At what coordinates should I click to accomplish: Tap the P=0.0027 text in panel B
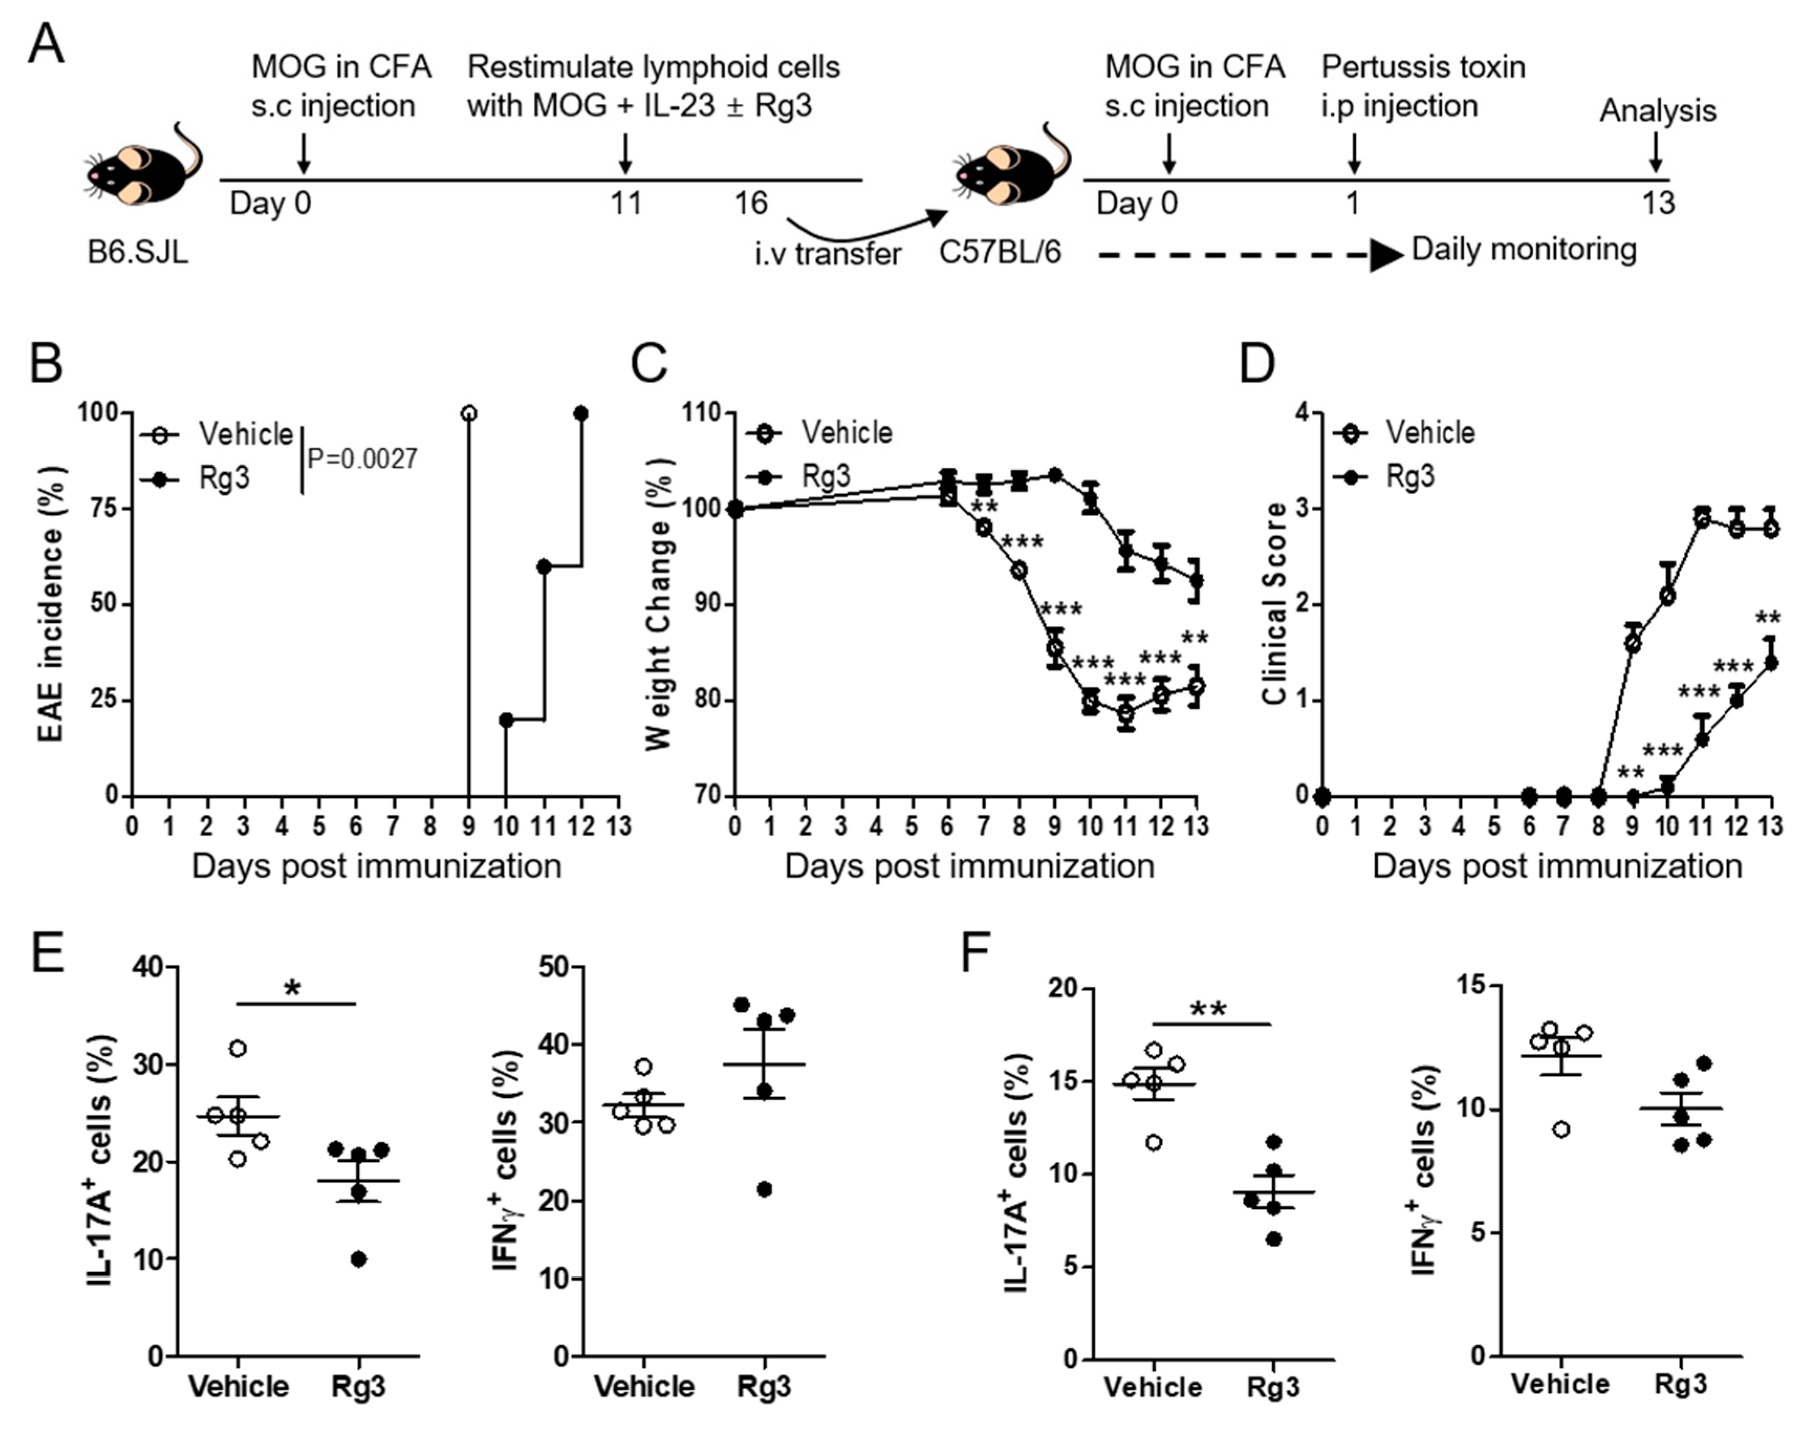(362, 459)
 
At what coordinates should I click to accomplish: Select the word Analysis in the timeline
(1658, 111)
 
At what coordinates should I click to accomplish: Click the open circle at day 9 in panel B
(468, 414)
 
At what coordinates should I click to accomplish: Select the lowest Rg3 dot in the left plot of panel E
(358, 1259)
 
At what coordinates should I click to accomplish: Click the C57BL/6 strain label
(999, 251)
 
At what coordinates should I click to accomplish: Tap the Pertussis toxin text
(1423, 67)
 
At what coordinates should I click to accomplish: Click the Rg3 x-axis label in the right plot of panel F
(1680, 1383)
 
